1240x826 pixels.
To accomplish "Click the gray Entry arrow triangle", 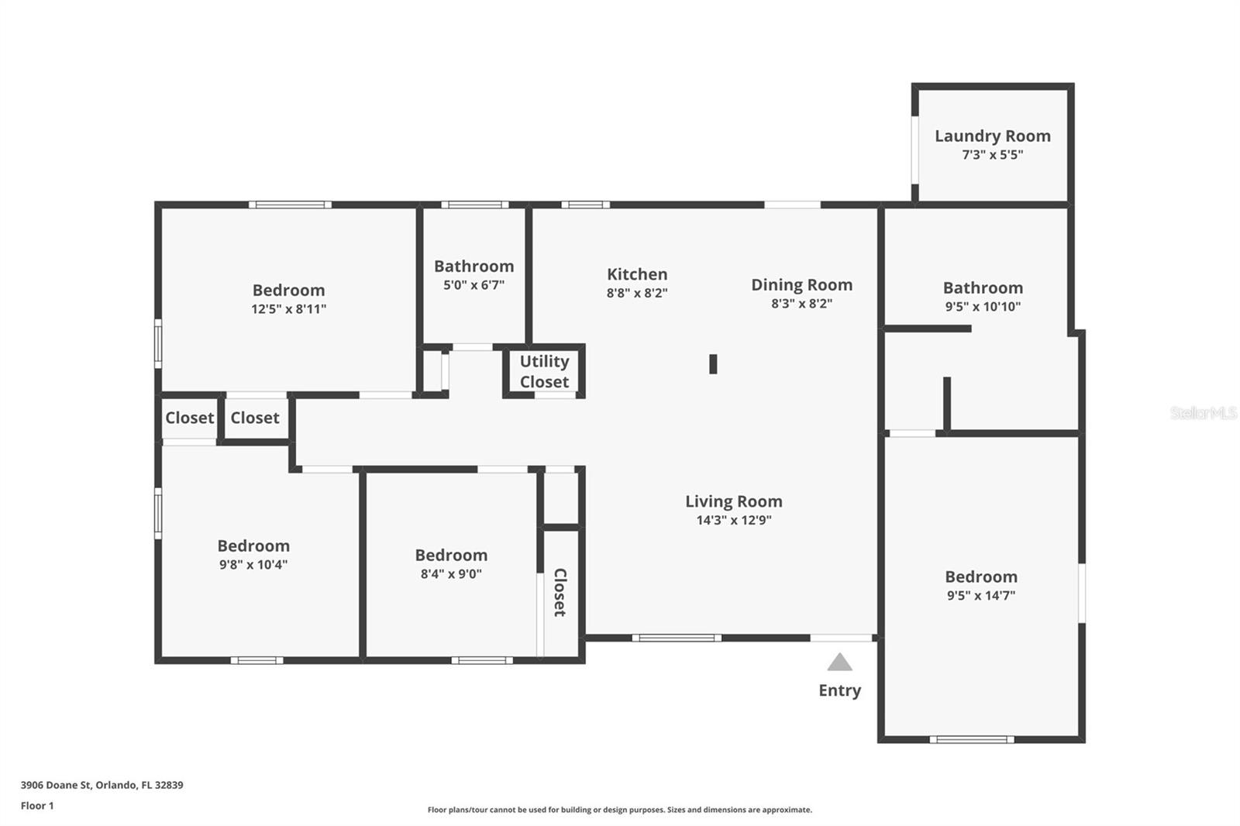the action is click(839, 663).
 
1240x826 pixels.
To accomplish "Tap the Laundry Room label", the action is click(993, 136).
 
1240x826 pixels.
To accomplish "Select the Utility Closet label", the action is click(544, 371).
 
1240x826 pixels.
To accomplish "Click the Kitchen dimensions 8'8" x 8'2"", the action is click(637, 293).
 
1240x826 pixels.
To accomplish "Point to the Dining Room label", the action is click(801, 284).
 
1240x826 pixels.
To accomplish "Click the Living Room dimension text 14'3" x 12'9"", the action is click(734, 520).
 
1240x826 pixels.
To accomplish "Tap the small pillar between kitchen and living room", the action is click(713, 364).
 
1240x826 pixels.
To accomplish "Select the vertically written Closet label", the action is click(560, 592).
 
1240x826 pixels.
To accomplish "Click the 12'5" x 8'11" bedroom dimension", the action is click(289, 309).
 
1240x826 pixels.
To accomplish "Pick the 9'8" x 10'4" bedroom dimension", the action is click(253, 565).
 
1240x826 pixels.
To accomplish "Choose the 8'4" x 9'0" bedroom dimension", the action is click(451, 573).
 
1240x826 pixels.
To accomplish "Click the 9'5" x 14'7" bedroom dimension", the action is click(981, 595).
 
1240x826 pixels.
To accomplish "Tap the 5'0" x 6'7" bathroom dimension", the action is click(474, 285).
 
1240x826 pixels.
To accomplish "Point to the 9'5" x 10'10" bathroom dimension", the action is click(983, 306).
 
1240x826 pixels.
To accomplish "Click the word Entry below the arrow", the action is click(840, 690).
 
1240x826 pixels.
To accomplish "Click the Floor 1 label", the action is click(37, 806).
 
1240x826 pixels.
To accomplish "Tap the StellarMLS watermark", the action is click(1204, 412).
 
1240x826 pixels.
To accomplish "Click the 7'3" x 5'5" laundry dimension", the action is click(993, 154).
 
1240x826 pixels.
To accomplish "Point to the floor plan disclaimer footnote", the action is click(619, 810).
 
